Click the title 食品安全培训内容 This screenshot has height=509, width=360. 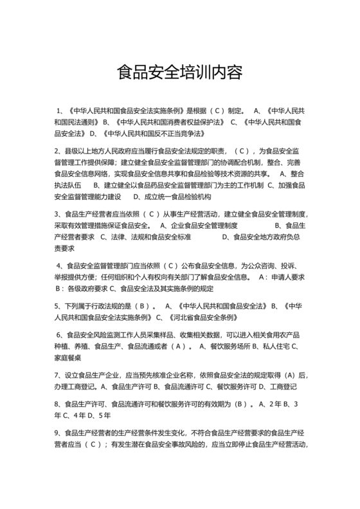179,71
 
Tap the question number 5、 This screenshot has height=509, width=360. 59,306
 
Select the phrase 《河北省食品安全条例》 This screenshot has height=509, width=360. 203,317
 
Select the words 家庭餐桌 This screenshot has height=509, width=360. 69,358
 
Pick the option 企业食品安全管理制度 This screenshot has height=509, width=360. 204,226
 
